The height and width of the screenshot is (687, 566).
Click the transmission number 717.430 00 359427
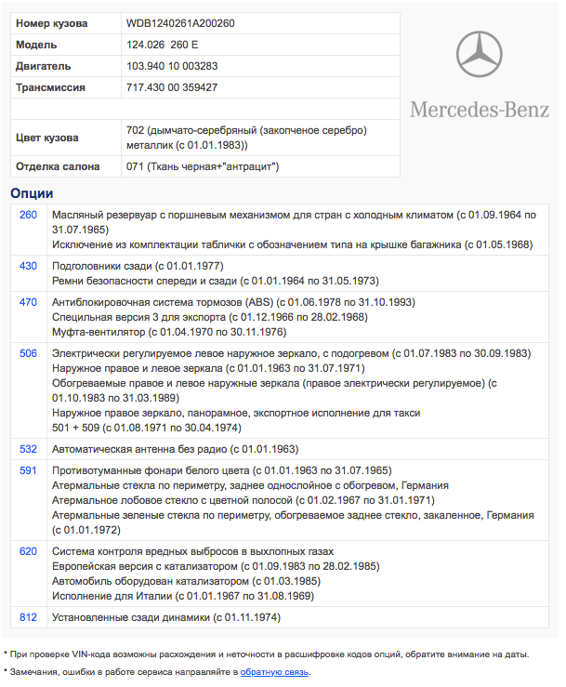click(172, 87)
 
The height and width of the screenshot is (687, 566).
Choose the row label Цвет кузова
click(47, 138)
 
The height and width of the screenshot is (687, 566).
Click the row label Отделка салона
click(58, 166)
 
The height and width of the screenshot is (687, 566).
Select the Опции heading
click(32, 193)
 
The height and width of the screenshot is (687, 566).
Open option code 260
click(28, 215)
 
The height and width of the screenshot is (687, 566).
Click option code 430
click(28, 266)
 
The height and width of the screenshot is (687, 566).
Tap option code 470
click(28, 302)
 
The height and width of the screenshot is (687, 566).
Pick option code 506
click(28, 353)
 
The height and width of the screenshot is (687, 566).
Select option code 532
click(28, 448)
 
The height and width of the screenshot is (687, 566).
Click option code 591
click(28, 470)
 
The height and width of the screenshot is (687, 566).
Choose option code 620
click(28, 551)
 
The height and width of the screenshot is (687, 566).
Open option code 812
click(28, 616)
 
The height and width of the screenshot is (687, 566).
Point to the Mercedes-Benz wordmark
click(480, 110)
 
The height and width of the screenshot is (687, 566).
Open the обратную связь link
click(274, 671)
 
